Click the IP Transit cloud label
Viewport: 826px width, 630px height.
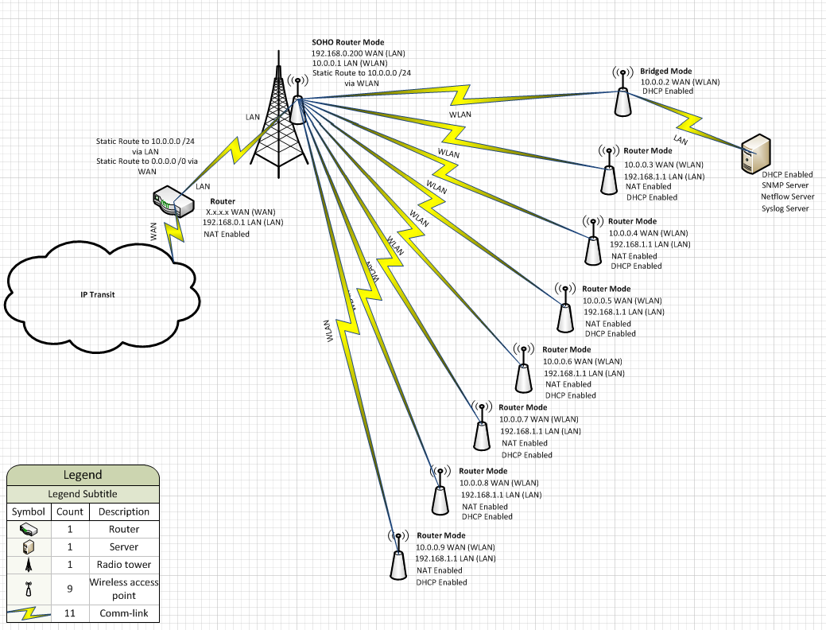coord(98,294)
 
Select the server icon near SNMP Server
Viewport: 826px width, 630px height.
coord(754,154)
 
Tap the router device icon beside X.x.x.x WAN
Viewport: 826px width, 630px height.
coord(173,201)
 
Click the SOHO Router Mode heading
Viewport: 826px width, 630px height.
coord(349,41)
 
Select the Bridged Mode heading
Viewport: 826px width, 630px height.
coord(665,71)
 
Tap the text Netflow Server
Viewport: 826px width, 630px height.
coord(787,196)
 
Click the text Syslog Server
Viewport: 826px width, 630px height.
coord(785,208)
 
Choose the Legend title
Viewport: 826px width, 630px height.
coord(83,475)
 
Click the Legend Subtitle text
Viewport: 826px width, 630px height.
coord(83,494)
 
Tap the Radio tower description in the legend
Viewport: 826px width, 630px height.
coord(123,565)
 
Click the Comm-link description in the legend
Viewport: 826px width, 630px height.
coord(123,613)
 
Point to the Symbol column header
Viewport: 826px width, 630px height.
coord(28,511)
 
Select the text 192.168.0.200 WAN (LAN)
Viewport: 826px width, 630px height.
coord(359,53)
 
